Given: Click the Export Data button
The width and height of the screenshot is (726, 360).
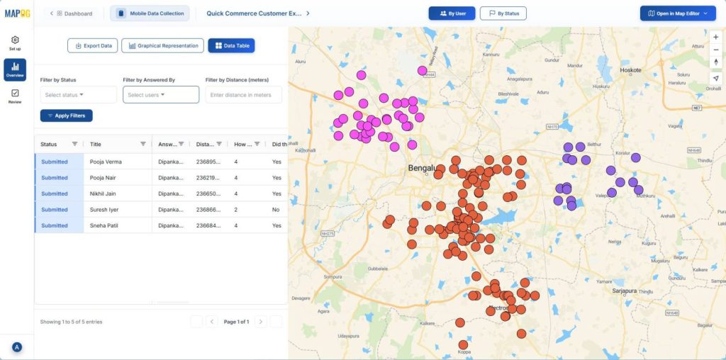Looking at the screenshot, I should pyautogui.click(x=92, y=45).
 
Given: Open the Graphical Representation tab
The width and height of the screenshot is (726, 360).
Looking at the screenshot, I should pyautogui.click(x=162, y=45).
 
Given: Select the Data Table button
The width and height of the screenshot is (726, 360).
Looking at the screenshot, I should pyautogui.click(x=231, y=45).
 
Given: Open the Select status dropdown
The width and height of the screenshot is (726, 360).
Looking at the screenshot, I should pyautogui.click(x=79, y=95).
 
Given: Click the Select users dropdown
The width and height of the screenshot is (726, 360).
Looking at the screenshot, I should pyautogui.click(x=161, y=95).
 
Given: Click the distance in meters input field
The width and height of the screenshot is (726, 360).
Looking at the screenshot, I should pyautogui.click(x=243, y=95).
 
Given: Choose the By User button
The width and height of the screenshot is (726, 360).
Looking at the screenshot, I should pyautogui.click(x=452, y=13).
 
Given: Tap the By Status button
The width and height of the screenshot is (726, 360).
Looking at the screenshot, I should pyautogui.click(x=503, y=13).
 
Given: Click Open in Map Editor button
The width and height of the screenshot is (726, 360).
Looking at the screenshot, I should pyautogui.click(x=678, y=13).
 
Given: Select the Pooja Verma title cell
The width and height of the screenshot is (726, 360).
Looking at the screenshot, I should pyautogui.click(x=106, y=162).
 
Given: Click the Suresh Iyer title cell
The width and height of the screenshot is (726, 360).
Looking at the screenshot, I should pyautogui.click(x=104, y=210).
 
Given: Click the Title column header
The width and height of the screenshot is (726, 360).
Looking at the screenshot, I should pyautogui.click(x=96, y=144).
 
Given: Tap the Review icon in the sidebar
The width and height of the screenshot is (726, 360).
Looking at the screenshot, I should pyautogui.click(x=15, y=94).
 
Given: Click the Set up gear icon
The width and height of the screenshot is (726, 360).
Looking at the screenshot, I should pyautogui.click(x=15, y=40).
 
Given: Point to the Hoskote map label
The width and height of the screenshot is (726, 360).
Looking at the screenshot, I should pyautogui.click(x=630, y=70).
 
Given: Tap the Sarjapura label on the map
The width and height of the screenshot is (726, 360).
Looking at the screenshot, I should pyautogui.click(x=624, y=291).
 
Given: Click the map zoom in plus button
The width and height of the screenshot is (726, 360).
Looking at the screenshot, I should pyautogui.click(x=716, y=37).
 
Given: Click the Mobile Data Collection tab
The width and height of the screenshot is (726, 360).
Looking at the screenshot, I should pyautogui.click(x=150, y=13).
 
